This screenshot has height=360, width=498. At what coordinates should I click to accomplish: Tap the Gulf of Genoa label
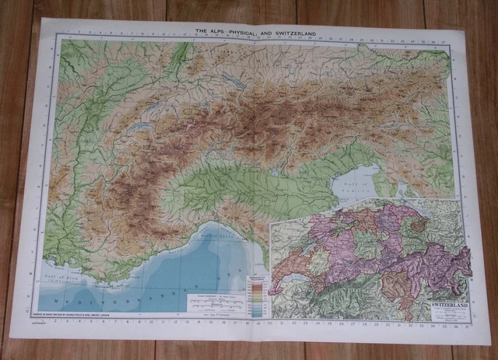(x=223, y=229)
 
